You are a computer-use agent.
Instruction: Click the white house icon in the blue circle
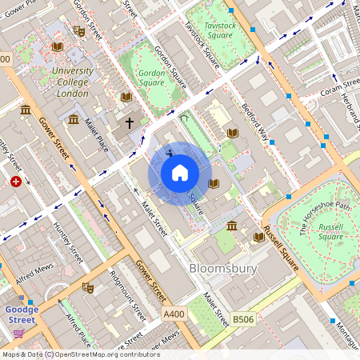coord(180,172)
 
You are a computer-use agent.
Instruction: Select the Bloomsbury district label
coord(223,269)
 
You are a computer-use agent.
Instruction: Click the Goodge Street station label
coord(22,314)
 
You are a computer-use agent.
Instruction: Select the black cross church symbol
coord(130,123)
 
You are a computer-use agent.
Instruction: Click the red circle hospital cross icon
coord(16,182)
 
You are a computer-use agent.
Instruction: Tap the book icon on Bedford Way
coord(233,133)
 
